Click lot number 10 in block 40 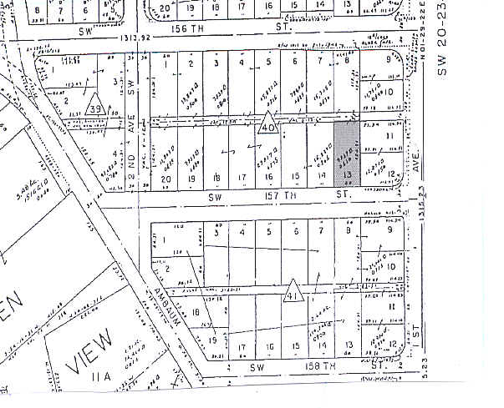pyautogui.click(x=390, y=91)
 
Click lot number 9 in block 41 pyautogui.click(x=389, y=229)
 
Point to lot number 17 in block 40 pyautogui.click(x=242, y=178)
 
